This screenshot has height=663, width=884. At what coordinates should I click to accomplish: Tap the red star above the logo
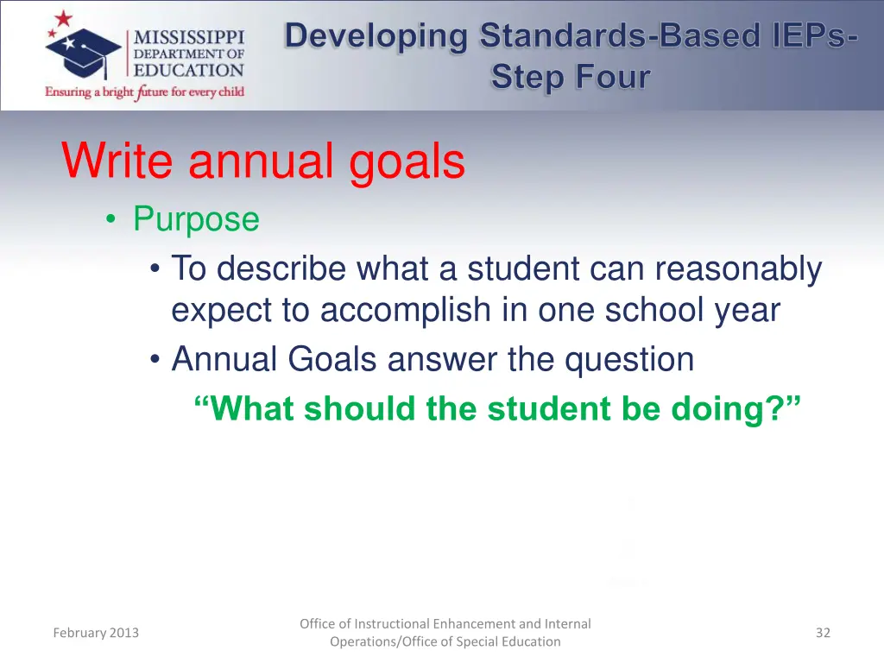[x=63, y=20]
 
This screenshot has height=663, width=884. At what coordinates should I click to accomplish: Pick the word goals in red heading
[x=407, y=162]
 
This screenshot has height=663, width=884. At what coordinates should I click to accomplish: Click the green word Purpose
[x=196, y=219]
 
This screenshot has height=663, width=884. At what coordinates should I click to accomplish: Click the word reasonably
[x=737, y=268]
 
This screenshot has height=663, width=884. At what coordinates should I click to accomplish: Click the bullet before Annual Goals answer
[x=154, y=360]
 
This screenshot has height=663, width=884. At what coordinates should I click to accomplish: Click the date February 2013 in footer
[x=96, y=633]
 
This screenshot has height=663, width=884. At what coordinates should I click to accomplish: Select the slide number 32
[x=823, y=633]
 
